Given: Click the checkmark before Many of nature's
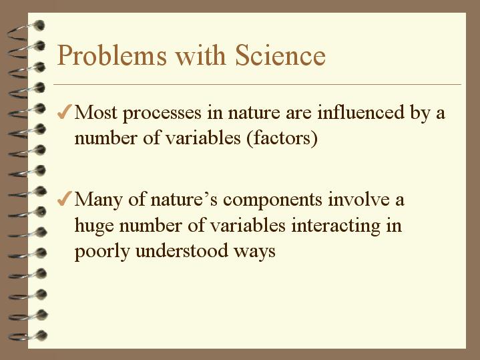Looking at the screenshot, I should [65, 199].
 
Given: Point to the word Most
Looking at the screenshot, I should [95, 112].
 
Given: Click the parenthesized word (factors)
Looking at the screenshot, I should [284, 140].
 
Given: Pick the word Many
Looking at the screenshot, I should [97, 200].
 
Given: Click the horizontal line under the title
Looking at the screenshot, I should [257, 85].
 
